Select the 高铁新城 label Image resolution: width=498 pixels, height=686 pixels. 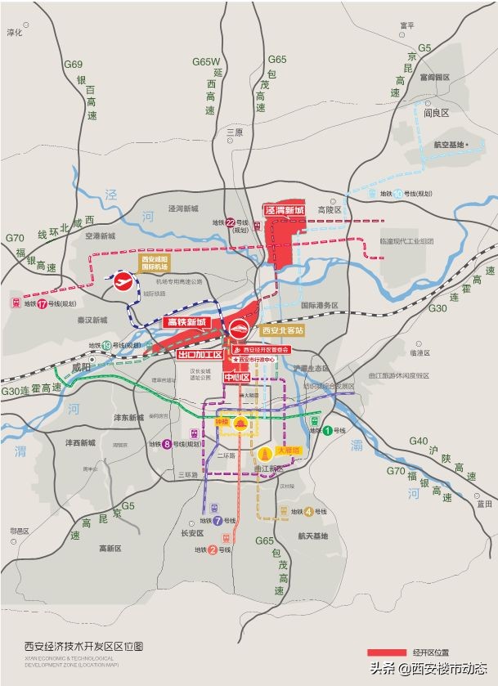point(186,322)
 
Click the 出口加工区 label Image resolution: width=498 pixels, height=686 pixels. point(200,355)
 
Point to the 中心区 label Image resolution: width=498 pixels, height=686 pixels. point(236,378)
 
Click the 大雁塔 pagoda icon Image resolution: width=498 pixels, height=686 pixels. point(264,453)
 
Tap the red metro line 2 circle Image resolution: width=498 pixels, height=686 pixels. point(213,549)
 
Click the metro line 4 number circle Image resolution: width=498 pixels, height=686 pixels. point(308,513)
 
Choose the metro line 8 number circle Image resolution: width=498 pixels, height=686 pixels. point(166,444)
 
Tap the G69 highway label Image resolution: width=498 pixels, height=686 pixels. point(74,65)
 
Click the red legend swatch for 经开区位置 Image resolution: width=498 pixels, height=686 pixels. point(387,652)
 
